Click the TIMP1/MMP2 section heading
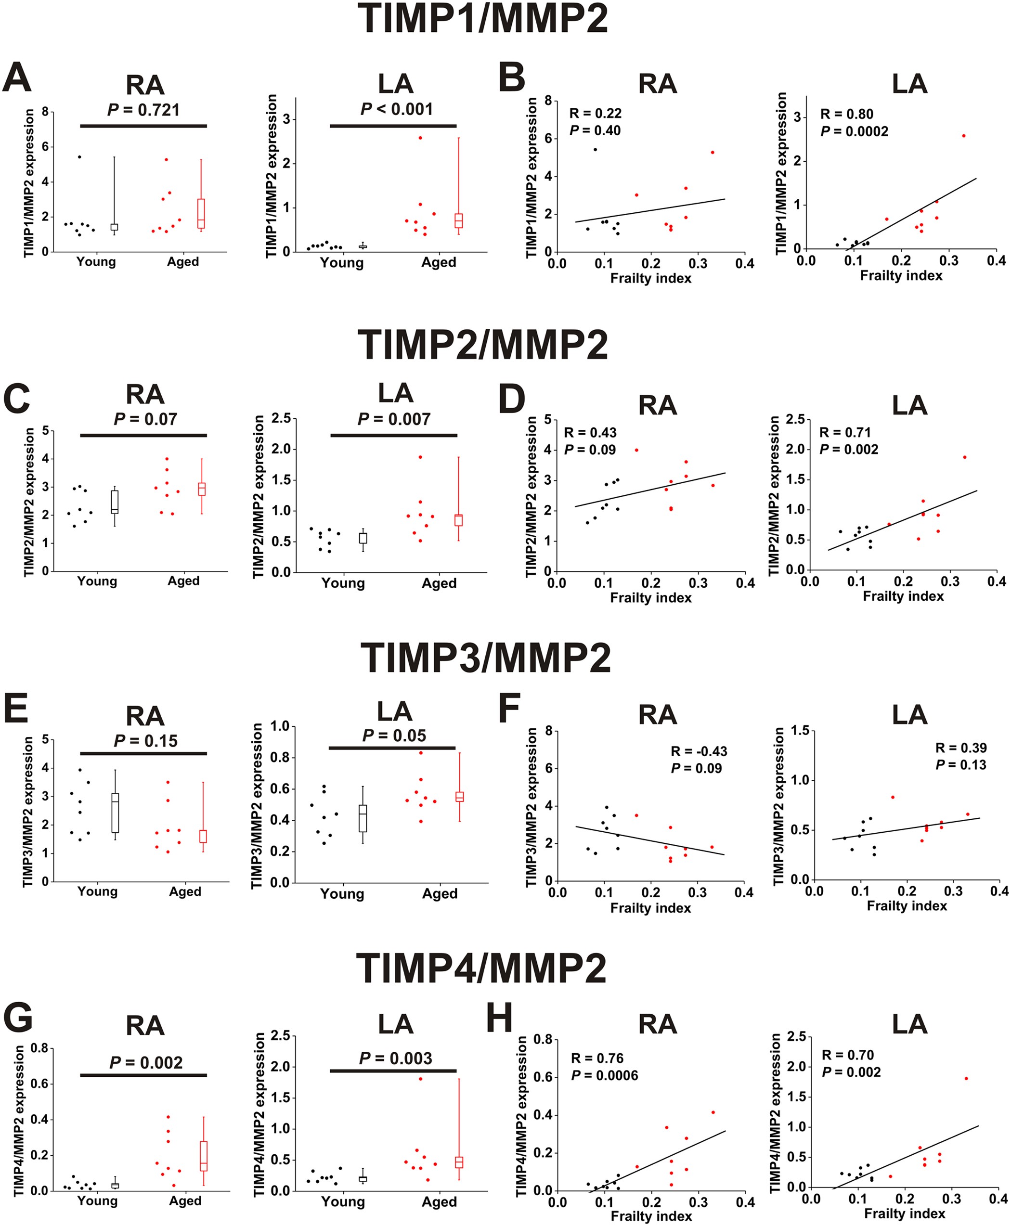(x=483, y=19)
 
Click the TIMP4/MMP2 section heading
(x=481, y=968)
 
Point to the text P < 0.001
(x=397, y=109)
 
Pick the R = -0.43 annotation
(x=699, y=751)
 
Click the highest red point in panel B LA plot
(x=963, y=136)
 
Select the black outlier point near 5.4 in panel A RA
(x=80, y=156)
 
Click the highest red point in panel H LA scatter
(x=966, y=1079)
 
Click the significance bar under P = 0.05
(x=391, y=748)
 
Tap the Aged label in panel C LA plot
(x=439, y=583)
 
